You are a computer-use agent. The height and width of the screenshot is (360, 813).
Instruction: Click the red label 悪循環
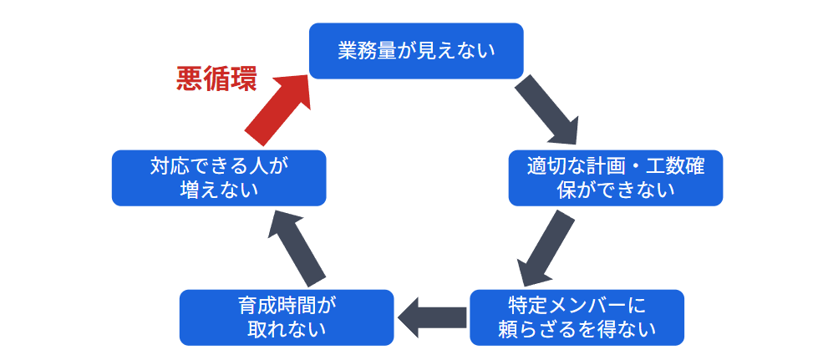pyautogui.click(x=216, y=79)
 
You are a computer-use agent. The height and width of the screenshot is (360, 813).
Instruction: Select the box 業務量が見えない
pyautogui.click(x=416, y=51)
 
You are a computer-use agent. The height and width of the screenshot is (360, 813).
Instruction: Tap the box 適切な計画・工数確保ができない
pyautogui.click(x=615, y=178)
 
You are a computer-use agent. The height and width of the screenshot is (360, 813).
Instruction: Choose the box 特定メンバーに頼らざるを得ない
pyautogui.click(x=577, y=317)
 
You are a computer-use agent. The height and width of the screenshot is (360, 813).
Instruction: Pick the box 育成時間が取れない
pyautogui.click(x=287, y=317)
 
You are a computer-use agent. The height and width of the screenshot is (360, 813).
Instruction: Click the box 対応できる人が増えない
pyautogui.click(x=219, y=178)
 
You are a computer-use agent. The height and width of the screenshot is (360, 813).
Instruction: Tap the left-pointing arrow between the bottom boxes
pyautogui.click(x=432, y=317)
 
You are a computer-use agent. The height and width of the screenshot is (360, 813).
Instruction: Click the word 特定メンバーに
pyautogui.click(x=577, y=304)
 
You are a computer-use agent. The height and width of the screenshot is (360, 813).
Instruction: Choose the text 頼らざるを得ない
pyautogui.click(x=577, y=329)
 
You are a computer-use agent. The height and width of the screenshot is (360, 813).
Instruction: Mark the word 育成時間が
pyautogui.click(x=286, y=304)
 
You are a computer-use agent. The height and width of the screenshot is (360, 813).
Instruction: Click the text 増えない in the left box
pyautogui.click(x=219, y=190)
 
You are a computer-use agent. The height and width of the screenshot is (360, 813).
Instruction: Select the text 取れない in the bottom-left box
pyautogui.click(x=286, y=329)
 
